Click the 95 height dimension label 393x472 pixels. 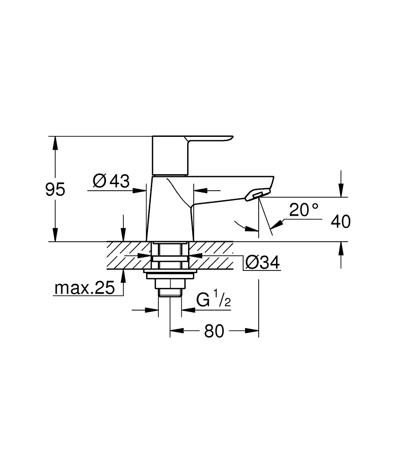55,190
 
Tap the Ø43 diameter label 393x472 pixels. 111,181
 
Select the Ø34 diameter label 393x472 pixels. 262,262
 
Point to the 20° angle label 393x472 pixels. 303,210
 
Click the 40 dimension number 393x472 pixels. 341,222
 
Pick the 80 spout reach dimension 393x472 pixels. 214,331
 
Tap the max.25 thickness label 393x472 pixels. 85,288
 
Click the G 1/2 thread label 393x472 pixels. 213,299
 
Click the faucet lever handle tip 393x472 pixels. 231,138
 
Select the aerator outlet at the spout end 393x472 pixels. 257,195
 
